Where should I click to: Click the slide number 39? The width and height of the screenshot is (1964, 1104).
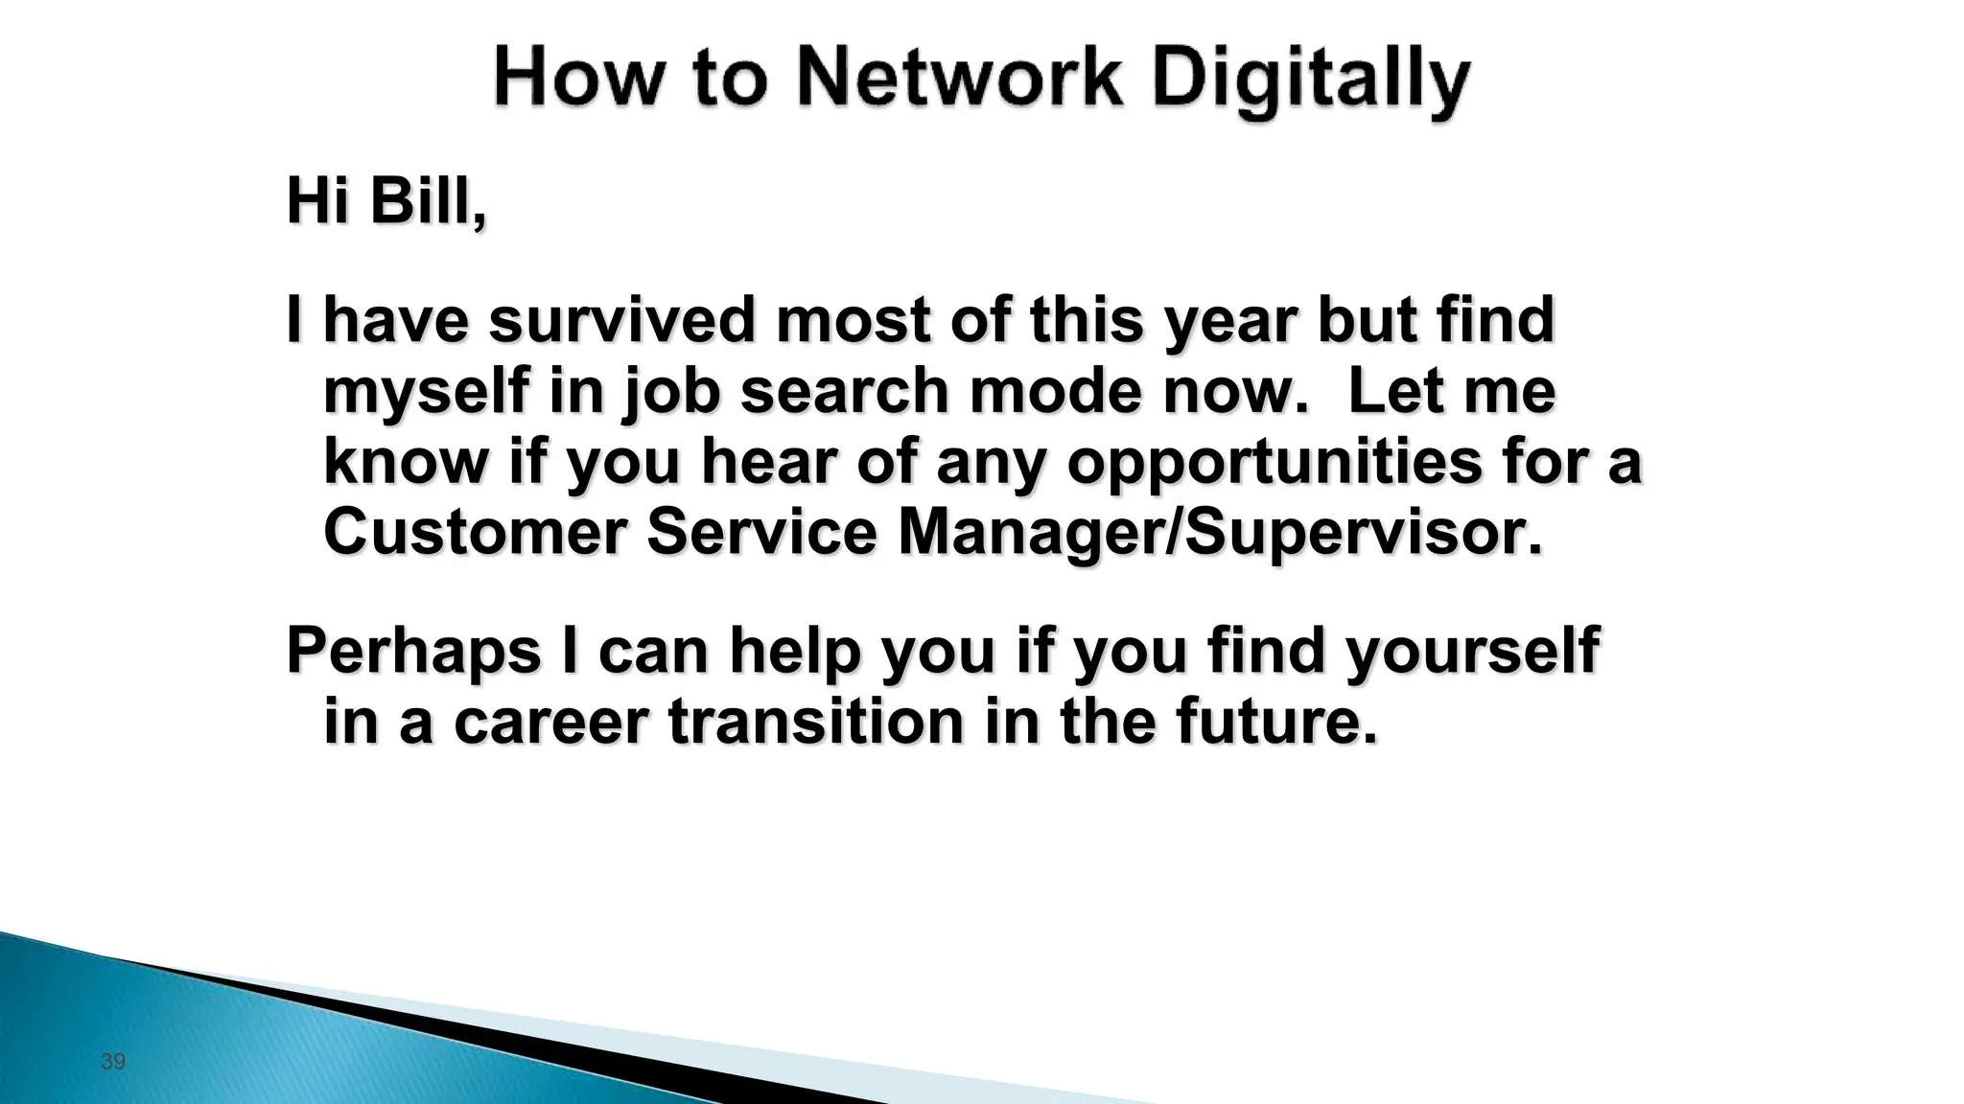pyautogui.click(x=113, y=1062)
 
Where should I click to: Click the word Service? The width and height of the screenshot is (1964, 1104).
pyautogui.click(x=762, y=532)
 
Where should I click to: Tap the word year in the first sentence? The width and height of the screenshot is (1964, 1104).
pyautogui.click(x=1230, y=322)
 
